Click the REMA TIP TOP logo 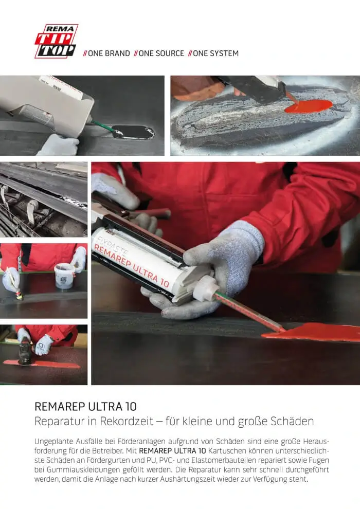[x=56, y=41]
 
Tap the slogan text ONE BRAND [x=106, y=53]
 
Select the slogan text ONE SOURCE [x=159, y=53]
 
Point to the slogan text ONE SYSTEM [x=213, y=53]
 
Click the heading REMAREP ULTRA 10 [x=85, y=406]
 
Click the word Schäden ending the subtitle [x=292, y=422]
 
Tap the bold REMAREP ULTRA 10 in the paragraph [x=172, y=451]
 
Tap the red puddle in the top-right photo [x=308, y=106]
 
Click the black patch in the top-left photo [x=133, y=132]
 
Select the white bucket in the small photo [x=65, y=276]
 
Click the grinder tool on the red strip [x=25, y=351]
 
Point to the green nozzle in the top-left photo [x=102, y=126]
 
